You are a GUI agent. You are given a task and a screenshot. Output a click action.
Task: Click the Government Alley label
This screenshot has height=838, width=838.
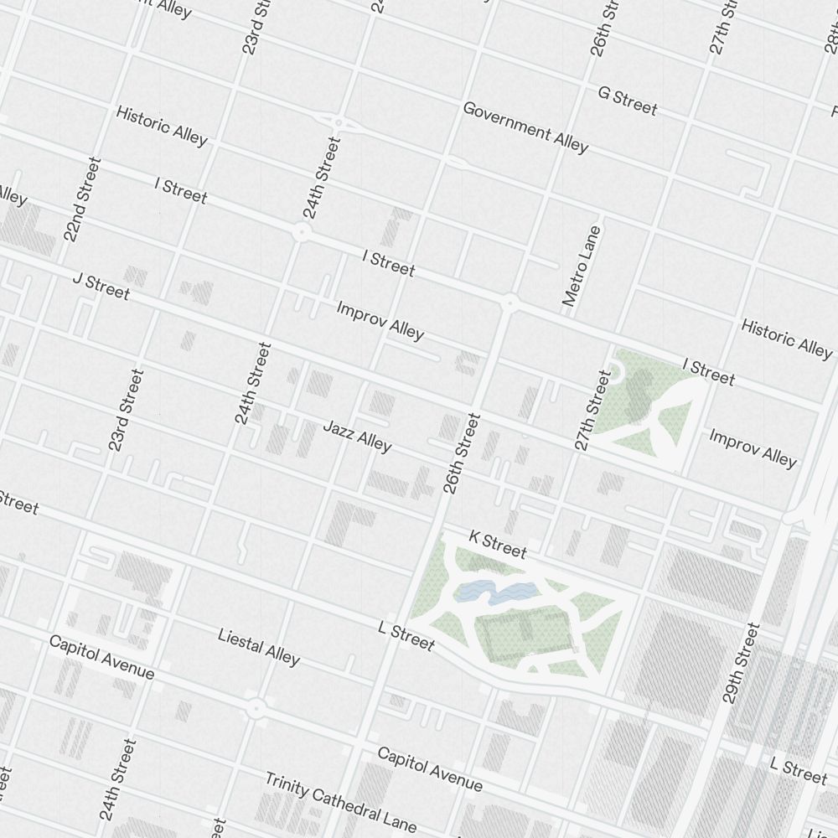[525, 127]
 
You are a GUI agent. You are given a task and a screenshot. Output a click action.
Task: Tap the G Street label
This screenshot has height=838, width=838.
[627, 101]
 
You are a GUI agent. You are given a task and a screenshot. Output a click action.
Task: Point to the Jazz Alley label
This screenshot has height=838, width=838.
[357, 436]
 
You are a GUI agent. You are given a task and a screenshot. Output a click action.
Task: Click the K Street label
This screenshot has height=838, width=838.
[498, 544]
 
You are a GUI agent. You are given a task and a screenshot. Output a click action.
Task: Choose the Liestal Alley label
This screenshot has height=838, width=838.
[258, 647]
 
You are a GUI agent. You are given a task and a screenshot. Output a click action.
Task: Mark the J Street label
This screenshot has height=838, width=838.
[101, 286]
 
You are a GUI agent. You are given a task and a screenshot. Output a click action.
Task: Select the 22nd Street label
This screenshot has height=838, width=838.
[82, 199]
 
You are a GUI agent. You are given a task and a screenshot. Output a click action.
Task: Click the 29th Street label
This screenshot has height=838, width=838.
[742, 662]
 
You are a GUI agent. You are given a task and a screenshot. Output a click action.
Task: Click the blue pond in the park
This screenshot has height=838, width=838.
[494, 593]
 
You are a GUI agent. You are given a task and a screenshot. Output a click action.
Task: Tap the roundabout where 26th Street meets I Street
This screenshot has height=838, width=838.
[509, 303]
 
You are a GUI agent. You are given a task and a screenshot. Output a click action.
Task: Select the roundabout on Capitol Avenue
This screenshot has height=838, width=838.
[256, 709]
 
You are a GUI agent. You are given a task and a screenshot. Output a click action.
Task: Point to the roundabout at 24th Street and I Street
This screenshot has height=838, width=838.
[301, 232]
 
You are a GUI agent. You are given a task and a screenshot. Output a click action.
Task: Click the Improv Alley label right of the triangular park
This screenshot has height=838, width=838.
[753, 447]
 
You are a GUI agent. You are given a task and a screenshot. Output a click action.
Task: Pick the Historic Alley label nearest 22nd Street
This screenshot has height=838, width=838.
[161, 126]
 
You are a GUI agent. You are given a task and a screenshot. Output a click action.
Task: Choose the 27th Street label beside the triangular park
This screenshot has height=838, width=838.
[593, 411]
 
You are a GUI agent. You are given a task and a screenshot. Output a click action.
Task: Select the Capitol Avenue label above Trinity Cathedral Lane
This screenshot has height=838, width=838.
[429, 768]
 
